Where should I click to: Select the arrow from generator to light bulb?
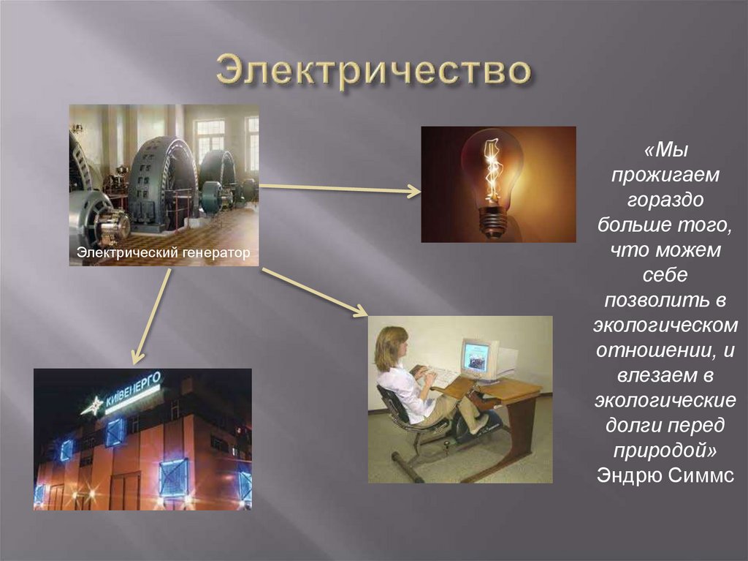[x=339, y=189]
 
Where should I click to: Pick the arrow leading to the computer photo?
[x=314, y=292]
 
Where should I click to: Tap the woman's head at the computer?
[x=391, y=347]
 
